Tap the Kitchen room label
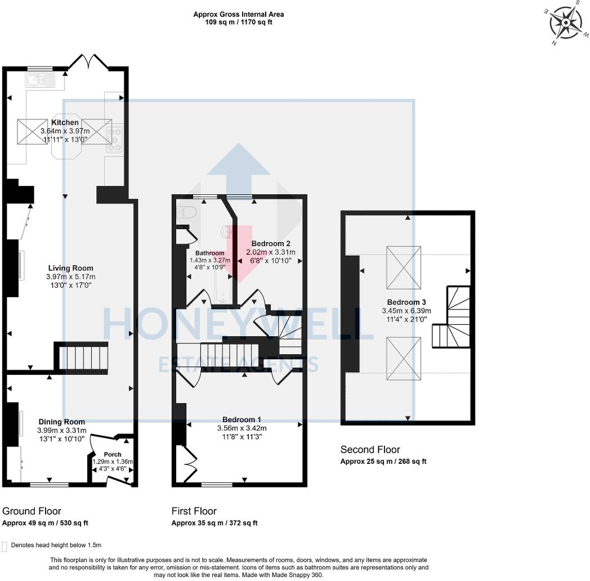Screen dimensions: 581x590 pos(65,123)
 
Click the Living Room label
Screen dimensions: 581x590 pos(70,269)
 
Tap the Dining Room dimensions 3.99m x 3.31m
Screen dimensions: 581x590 pos(62,431)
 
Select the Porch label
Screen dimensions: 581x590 pos(113,454)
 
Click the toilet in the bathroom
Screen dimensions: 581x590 pos(185,212)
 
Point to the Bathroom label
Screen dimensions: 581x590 pos(209,253)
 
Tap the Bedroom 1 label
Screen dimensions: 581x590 pos(242,419)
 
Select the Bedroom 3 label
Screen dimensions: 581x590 pos(406,301)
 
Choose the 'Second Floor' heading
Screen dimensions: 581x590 pos(370,449)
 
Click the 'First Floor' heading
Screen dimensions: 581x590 pos(194,511)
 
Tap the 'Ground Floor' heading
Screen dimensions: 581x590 pos(32,511)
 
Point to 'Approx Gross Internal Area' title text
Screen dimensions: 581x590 pos(238,15)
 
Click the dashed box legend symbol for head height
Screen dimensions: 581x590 pos(5,546)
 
